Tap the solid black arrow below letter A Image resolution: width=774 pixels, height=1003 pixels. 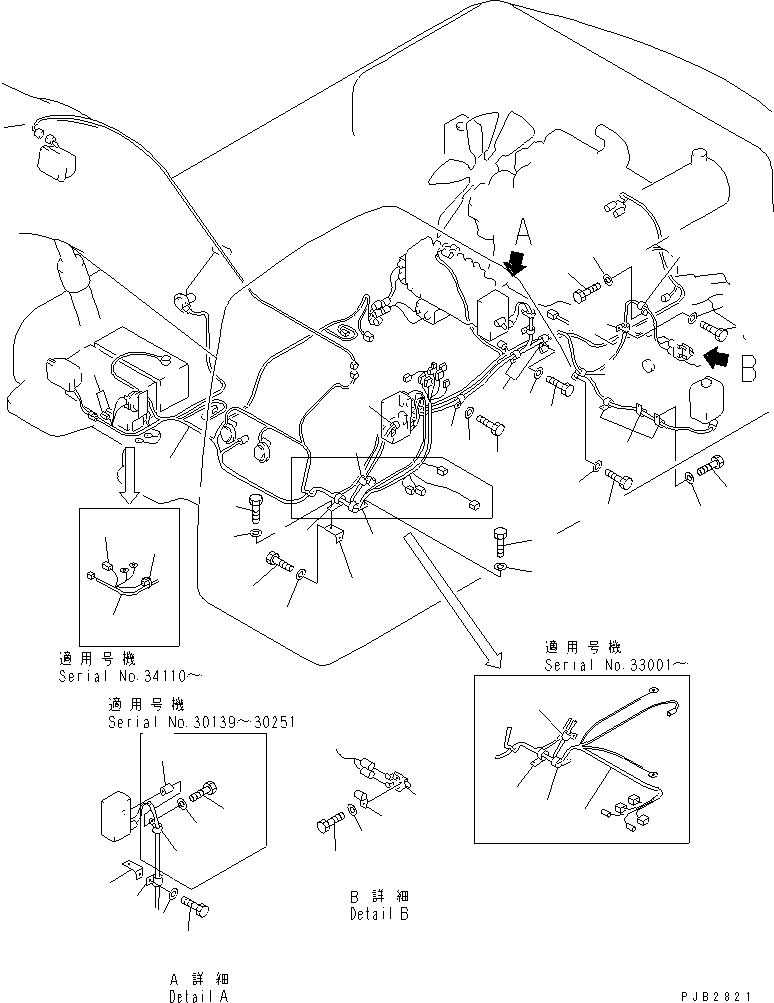click(517, 264)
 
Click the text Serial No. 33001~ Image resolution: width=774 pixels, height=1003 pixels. click(616, 664)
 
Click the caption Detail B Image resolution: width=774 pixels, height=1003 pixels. click(378, 914)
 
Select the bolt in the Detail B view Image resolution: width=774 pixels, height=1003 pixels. click(330, 823)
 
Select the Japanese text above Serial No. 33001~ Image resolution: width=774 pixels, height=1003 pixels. click(581, 646)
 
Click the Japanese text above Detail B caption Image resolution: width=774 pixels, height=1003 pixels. click(378, 896)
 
